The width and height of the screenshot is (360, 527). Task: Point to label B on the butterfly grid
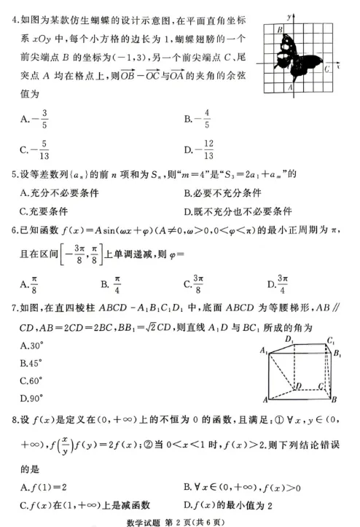(x=279, y=29)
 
